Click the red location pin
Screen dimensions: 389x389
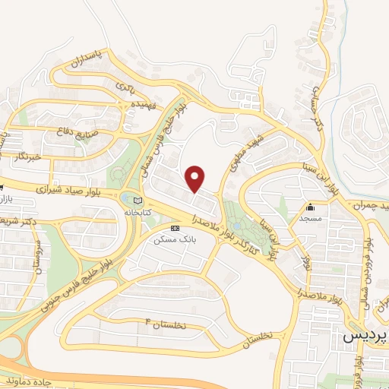point(196,178)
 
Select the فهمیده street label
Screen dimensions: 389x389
point(142,104)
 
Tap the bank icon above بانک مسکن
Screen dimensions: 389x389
point(176,228)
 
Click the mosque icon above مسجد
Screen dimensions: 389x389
point(310,207)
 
